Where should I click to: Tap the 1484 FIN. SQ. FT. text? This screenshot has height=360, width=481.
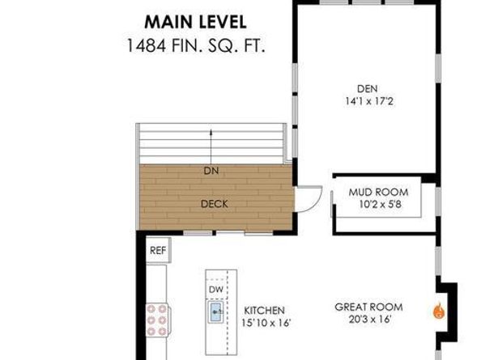pos(196,44)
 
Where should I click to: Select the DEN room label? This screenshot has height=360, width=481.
pos(367,89)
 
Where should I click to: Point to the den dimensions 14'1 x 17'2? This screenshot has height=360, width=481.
pos(367,102)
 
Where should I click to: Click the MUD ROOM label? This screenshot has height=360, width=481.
pos(378,192)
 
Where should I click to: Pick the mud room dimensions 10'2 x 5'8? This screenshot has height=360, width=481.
pos(378,205)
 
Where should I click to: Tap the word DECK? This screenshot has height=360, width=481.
pos(214,204)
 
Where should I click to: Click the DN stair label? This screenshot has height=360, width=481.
pos(211,172)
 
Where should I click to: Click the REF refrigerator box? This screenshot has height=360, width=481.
pos(158,251)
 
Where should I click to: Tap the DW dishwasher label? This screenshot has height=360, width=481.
pos(215,289)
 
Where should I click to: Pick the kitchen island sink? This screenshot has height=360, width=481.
pos(216,311)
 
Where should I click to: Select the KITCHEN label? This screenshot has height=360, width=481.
pos(264,311)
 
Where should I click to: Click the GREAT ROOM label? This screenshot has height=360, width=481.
pos(367,307)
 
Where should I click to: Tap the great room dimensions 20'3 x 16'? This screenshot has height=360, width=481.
pos(367,320)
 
